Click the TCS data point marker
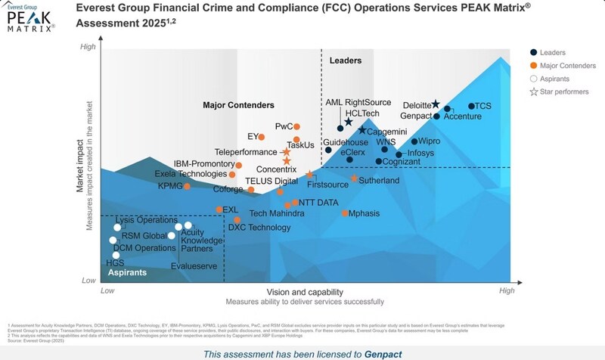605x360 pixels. coord(471,107)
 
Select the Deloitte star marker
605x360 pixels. coord(436,104)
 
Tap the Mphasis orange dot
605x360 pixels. coord(345,213)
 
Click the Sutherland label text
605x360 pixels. coord(380,181)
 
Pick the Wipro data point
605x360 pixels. coord(414,141)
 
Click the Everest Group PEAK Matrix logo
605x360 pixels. coord(31,20)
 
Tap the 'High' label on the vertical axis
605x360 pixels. coord(88,48)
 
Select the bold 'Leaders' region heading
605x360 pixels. coord(346,60)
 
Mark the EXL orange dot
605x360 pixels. coord(219,209)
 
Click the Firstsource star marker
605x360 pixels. coord(309,175)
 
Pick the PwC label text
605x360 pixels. coord(284,126)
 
